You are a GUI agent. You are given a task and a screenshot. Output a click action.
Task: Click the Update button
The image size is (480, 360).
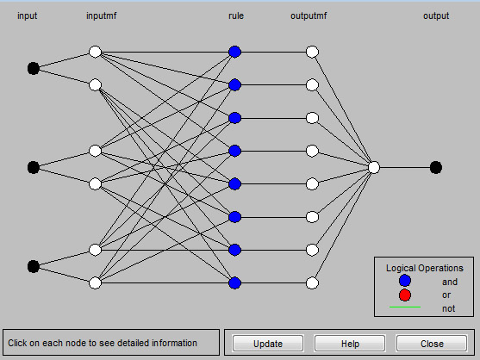(x=268, y=344)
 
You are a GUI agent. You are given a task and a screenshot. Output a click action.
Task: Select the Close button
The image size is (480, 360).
(x=432, y=344)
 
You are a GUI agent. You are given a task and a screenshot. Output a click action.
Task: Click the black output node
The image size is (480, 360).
(x=436, y=168)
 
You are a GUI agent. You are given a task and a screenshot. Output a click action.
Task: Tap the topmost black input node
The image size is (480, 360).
(x=34, y=68)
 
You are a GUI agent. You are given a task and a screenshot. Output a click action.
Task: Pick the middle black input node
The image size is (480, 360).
(x=34, y=168)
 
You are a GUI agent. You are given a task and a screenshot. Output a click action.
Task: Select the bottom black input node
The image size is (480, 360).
(x=34, y=266)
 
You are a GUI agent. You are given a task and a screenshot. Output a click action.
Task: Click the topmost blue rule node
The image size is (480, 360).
(x=234, y=52)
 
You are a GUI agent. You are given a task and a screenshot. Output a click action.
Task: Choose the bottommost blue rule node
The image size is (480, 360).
(x=234, y=283)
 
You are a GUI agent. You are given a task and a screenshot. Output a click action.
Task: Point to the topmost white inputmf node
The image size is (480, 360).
(x=95, y=52)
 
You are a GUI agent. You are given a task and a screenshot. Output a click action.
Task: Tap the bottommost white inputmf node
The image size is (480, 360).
(x=95, y=283)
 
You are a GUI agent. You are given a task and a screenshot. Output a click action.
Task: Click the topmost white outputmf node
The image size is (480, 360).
(x=312, y=52)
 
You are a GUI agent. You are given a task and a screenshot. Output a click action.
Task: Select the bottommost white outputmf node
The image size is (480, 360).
(x=312, y=283)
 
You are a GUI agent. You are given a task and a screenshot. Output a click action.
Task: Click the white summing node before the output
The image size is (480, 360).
(x=374, y=168)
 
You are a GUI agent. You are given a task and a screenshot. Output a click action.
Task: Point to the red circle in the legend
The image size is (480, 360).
(x=405, y=295)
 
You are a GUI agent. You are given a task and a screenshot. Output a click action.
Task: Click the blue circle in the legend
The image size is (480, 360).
(x=405, y=281)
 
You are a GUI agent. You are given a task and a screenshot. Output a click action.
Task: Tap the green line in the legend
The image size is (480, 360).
(x=405, y=307)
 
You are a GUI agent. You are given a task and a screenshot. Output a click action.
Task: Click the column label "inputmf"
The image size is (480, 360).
(x=102, y=16)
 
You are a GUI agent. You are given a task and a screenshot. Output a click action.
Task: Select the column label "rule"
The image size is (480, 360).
(x=236, y=16)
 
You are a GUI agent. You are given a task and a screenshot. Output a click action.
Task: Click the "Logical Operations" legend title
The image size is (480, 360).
(x=425, y=268)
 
